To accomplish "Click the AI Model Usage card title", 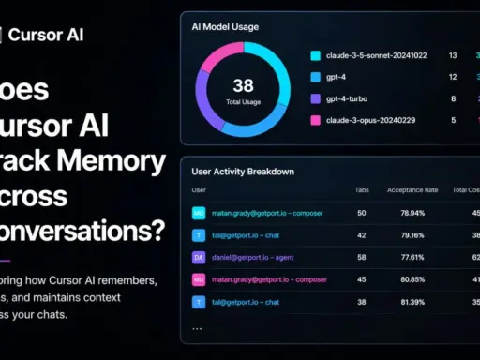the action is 225,26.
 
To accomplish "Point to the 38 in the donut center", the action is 243,86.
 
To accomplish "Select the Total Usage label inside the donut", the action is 243,101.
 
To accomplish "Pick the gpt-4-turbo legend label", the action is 348,97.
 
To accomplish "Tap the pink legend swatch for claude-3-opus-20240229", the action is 316,120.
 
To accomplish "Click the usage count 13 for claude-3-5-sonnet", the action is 453,55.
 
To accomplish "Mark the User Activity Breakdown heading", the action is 243,172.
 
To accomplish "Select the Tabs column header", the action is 362,190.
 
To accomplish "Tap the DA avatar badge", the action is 199,257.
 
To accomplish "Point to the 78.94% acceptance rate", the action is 413,213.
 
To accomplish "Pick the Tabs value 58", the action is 362,257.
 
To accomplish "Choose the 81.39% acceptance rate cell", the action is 413,302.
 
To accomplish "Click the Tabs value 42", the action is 362,235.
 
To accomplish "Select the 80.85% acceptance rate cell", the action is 413,279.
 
